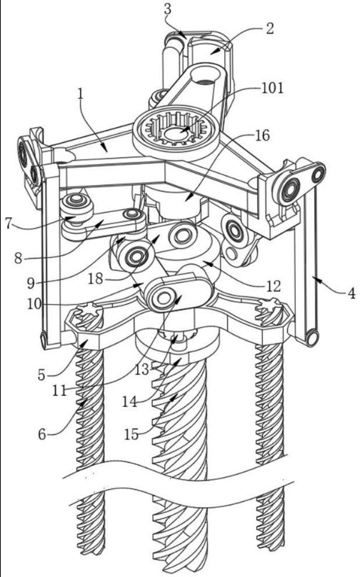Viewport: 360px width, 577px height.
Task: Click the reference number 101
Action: (272, 89)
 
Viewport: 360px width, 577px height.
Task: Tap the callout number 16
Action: (262, 136)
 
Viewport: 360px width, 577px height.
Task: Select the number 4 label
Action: (351, 293)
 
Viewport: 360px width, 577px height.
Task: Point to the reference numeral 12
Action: (274, 286)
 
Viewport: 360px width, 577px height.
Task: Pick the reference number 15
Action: (131, 434)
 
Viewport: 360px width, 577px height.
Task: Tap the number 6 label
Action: (42, 434)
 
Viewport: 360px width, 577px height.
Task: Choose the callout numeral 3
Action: (167, 9)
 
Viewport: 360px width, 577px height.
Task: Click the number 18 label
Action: (95, 279)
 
